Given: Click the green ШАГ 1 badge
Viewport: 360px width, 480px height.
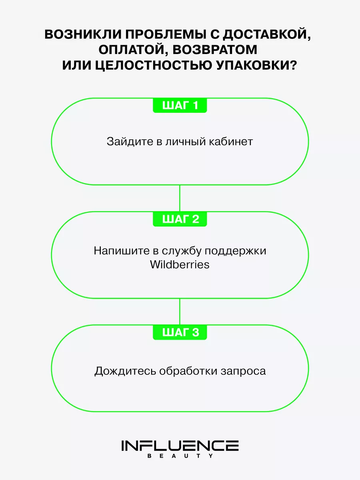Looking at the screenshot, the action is pos(180,105).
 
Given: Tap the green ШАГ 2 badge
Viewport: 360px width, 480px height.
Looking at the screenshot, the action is pos(180,219).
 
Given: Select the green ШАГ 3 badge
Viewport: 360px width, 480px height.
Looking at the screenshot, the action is pos(180,332).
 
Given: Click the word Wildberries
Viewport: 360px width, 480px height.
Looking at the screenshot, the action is pos(180,265).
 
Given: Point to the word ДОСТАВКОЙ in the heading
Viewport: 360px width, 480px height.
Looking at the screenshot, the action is pos(266,34).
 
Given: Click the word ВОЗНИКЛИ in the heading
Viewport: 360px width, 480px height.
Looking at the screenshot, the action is pos(83,34).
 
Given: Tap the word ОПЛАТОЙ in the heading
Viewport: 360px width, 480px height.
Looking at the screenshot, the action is pos(134,50).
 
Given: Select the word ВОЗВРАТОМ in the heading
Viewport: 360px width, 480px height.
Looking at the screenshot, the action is pos(215,50).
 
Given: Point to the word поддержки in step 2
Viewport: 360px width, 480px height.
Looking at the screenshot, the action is pos(236,251).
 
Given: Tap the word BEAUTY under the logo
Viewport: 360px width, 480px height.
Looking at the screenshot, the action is pos(180,456).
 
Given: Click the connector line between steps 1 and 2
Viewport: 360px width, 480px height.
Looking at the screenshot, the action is pos(180,198).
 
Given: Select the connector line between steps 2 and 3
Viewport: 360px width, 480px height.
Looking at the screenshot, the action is pos(180,312).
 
